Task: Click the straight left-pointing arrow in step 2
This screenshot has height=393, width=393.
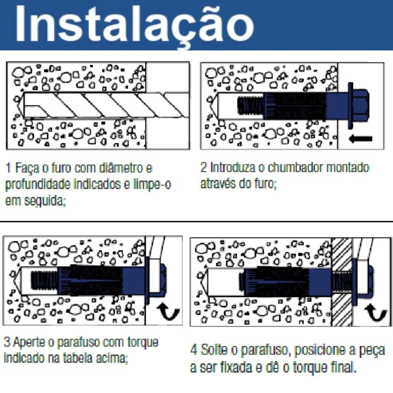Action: coord(361,139)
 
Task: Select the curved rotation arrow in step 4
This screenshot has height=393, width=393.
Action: coord(375,313)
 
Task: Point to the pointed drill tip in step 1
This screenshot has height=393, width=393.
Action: coord(21,105)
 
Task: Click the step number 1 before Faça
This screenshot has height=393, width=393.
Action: coord(8,168)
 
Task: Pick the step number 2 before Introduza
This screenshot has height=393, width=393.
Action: coord(203,167)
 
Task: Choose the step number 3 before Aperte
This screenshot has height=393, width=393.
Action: coord(7,342)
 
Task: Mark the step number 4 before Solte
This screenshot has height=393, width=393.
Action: coord(194,350)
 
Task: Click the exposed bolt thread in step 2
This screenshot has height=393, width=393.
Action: coord(250,106)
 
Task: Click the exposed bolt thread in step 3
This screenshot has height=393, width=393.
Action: coord(44,280)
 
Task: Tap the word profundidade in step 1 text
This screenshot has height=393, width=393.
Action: coord(38,185)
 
